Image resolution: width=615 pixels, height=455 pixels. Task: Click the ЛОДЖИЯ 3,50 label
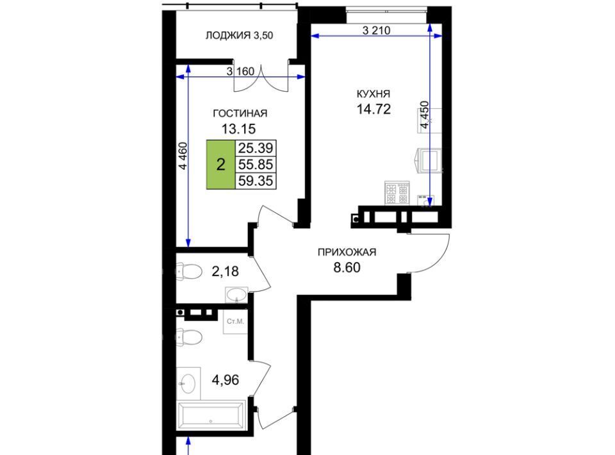(239, 36)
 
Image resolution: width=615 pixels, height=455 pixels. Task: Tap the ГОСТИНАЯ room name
(240, 113)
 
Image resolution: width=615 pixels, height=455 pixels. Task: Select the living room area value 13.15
(239, 128)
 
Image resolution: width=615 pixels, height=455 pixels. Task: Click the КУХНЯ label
(373, 94)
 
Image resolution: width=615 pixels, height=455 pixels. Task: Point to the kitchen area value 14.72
(373, 109)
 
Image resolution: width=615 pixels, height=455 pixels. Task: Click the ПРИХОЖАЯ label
(347, 252)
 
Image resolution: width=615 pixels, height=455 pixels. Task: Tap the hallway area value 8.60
(347, 267)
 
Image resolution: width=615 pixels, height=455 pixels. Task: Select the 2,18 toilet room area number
(225, 272)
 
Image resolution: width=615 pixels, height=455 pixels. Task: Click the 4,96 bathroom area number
(225, 379)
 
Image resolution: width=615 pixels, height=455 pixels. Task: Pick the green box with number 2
(221, 164)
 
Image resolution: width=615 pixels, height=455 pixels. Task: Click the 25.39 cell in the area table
(256, 148)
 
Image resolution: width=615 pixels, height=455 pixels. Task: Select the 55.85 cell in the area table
(256, 164)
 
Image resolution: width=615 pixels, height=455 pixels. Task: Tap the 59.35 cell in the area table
(256, 181)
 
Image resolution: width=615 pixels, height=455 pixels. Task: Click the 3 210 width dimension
(377, 31)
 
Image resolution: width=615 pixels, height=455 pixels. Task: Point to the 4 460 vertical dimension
(183, 156)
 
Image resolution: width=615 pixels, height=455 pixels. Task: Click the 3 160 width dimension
(240, 72)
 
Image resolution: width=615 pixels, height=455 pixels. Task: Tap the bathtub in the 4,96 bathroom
(211, 415)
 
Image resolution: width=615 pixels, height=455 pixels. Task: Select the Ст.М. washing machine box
(235, 322)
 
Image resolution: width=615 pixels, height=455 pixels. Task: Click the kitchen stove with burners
(397, 193)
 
